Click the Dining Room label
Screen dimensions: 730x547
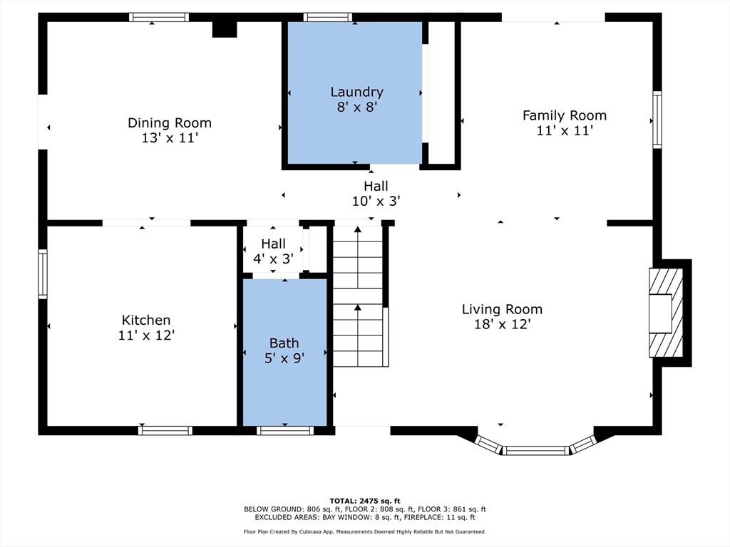pos(170,123)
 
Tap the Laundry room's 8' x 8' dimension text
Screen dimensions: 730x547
pos(356,107)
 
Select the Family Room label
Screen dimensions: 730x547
pos(565,115)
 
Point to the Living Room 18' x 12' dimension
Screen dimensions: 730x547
pos(503,324)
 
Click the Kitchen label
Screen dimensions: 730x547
pos(146,320)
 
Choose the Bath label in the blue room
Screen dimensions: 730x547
pos(284,343)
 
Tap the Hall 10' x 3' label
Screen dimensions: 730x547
pos(376,194)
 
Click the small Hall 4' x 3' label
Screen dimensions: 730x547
pos(273,251)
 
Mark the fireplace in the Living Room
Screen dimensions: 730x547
pos(667,313)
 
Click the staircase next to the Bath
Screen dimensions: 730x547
pos(358,296)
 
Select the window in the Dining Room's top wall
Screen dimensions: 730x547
pos(159,17)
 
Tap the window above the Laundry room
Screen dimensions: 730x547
pos(328,17)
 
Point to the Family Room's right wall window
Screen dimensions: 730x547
pos(657,120)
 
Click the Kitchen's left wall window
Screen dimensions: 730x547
pos(42,274)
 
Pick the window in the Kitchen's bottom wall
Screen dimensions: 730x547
pos(165,431)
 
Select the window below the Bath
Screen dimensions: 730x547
pos(285,431)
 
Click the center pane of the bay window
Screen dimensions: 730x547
pos(535,450)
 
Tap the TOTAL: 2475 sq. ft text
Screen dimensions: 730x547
pos(365,501)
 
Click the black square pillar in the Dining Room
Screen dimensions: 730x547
pos(225,29)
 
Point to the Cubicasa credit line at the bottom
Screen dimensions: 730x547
pos(365,531)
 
